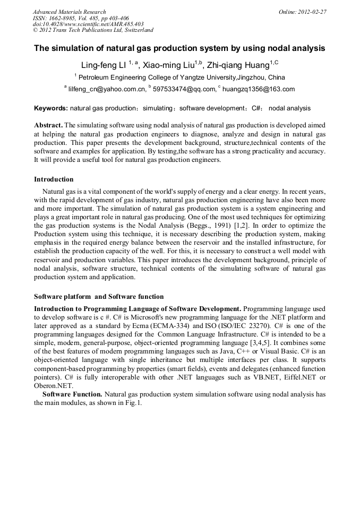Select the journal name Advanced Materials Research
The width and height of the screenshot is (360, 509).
[x=69, y=11]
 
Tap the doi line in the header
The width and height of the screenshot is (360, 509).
[x=88, y=24]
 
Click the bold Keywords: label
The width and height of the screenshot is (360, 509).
[x=51, y=108]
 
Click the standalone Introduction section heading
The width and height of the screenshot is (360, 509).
[x=54, y=179]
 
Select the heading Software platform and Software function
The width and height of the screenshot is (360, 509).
[x=99, y=297]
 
